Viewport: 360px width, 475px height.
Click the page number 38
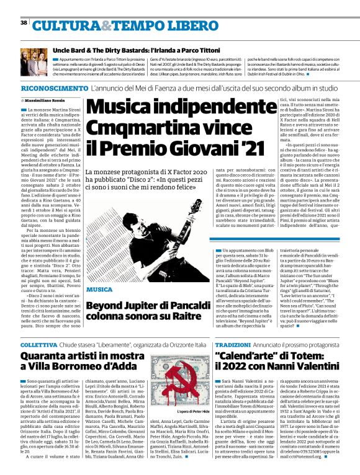[24, 23]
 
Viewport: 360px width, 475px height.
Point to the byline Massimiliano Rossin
[46, 100]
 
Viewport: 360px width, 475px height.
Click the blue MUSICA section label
[100, 290]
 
